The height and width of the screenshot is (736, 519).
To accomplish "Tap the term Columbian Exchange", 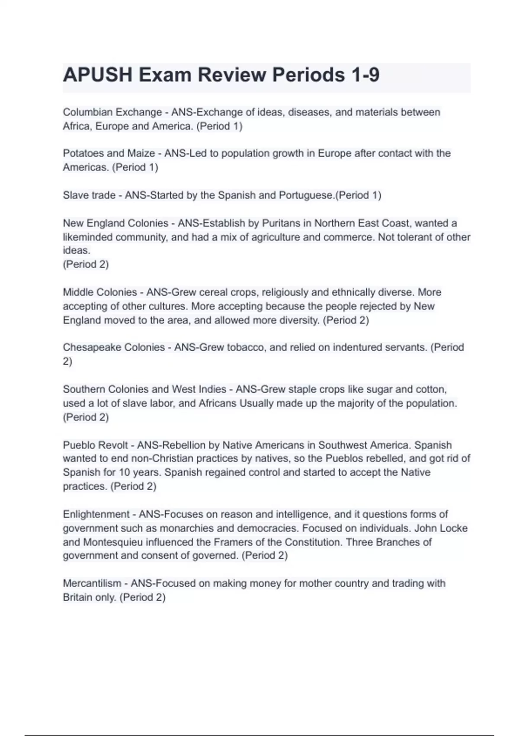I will pyautogui.click(x=112, y=112).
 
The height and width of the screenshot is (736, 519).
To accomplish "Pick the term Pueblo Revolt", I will pyautogui.click(x=96, y=445).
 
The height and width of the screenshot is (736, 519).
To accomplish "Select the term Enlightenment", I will pyautogui.click(x=96, y=514).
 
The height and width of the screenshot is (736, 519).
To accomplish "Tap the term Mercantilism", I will pyautogui.click(x=92, y=584).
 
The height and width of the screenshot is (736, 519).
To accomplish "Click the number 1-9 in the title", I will pyautogui.click(x=365, y=75).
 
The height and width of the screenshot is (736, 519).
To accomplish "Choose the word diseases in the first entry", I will pyautogui.click(x=309, y=112).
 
